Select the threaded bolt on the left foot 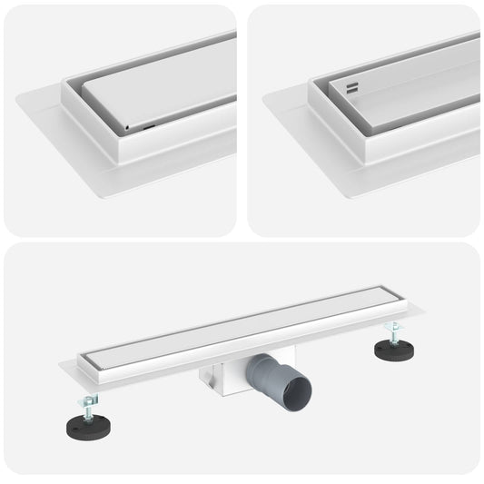[x=89, y=407]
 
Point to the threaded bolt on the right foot [x=394, y=334]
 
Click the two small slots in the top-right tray [x=352, y=88]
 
